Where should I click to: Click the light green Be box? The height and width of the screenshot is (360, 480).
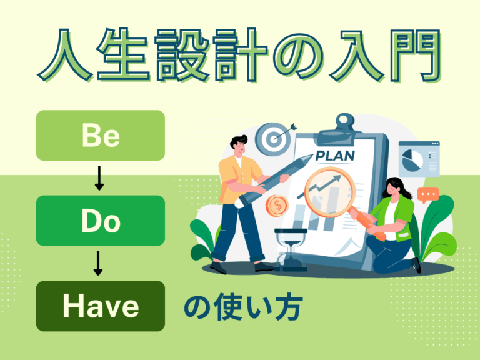(x=101, y=136)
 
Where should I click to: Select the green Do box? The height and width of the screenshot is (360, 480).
(x=101, y=221)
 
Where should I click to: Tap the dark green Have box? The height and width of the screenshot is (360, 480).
(x=101, y=306)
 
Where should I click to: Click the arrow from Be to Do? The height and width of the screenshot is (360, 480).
(x=98, y=179)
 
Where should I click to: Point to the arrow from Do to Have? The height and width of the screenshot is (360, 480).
(x=98, y=264)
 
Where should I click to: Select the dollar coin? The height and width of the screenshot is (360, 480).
(x=276, y=206)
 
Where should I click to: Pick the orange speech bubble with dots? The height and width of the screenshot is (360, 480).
(x=429, y=196)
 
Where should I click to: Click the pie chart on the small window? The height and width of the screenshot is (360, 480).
(x=412, y=160)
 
